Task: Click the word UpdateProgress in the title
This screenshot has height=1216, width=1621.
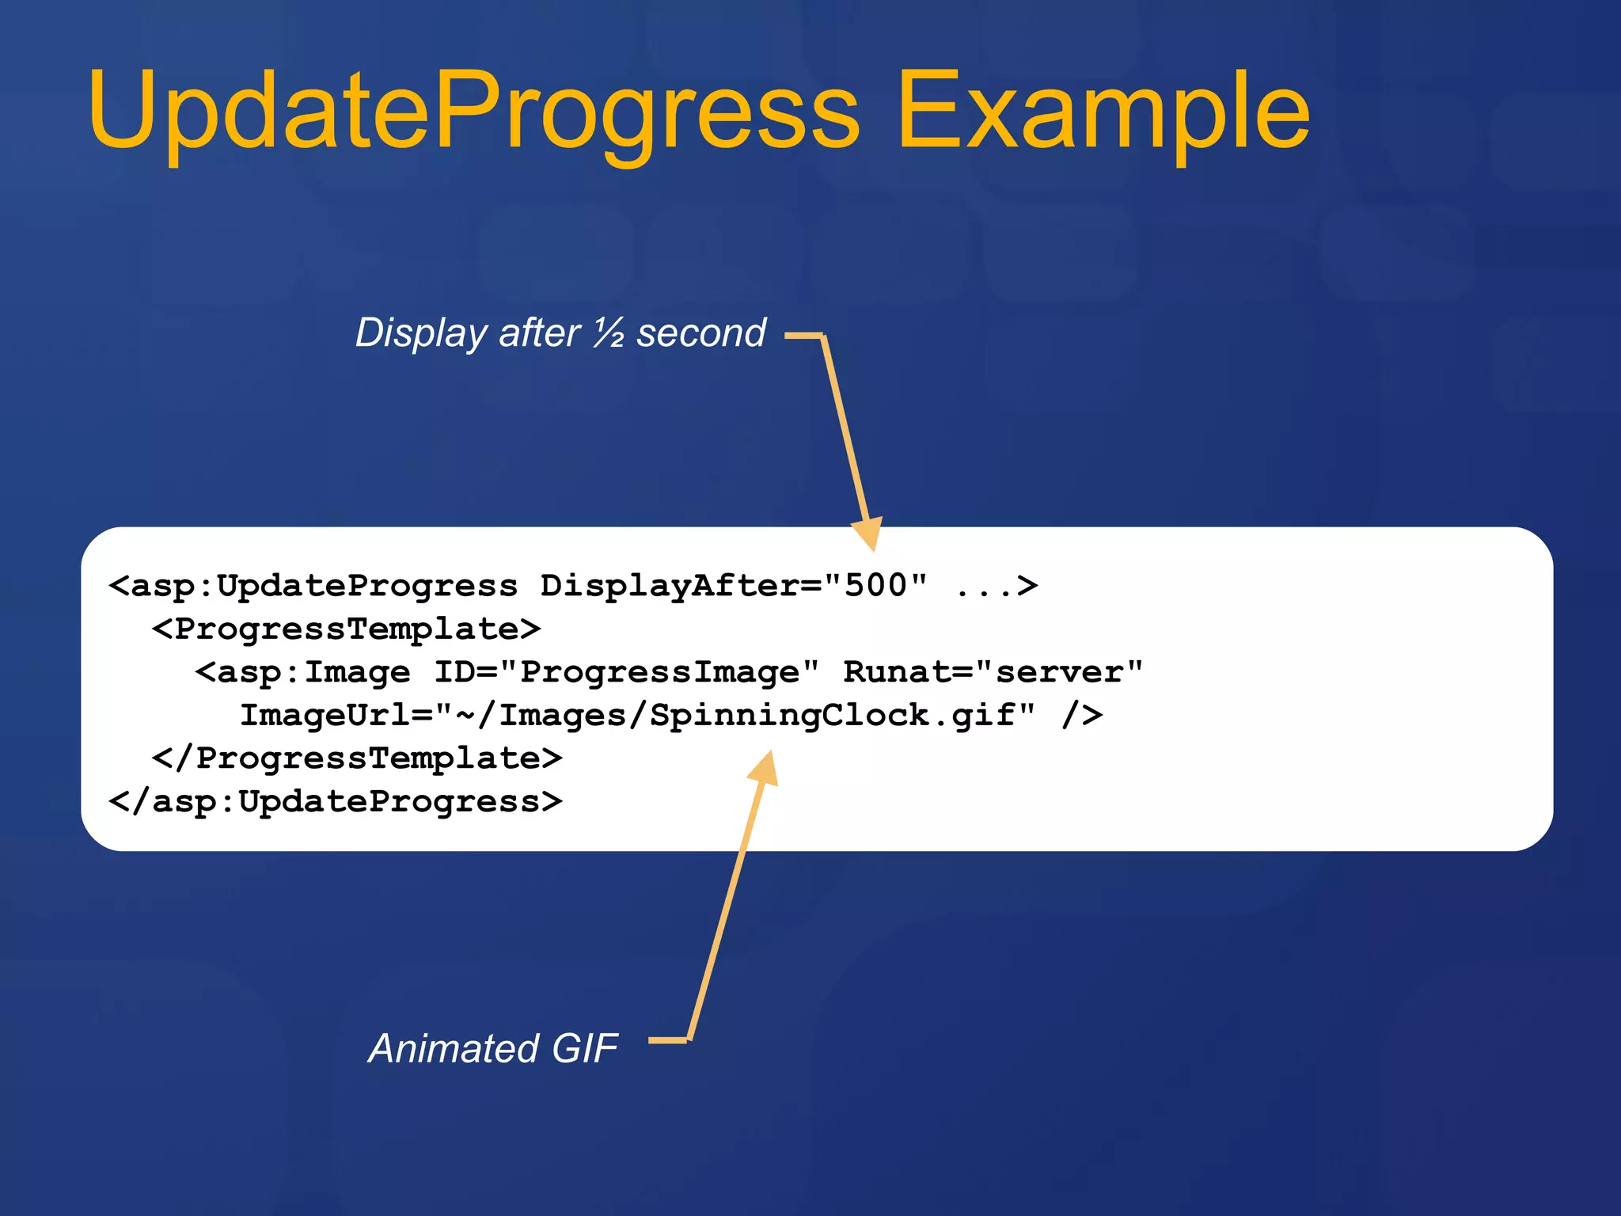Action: click(x=473, y=111)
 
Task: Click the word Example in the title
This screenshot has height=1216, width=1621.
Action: click(x=1103, y=111)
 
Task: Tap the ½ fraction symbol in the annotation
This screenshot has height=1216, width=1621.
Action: click(x=609, y=332)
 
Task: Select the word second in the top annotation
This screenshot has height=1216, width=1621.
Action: click(x=701, y=332)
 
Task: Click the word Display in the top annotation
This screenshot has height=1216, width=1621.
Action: click(x=420, y=333)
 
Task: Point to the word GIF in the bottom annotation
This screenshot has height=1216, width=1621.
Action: click(x=584, y=1048)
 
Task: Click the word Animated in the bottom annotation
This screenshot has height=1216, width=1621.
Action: click(x=454, y=1048)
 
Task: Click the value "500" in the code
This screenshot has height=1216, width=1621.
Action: click(x=875, y=585)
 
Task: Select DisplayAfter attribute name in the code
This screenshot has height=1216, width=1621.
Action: click(x=670, y=586)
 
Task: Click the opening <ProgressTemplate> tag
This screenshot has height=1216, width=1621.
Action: click(x=347, y=629)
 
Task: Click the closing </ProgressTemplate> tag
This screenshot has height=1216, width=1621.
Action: click(x=357, y=758)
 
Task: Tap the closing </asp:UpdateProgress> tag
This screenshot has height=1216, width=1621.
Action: click(x=336, y=802)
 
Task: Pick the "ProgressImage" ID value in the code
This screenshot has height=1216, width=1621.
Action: click(x=659, y=672)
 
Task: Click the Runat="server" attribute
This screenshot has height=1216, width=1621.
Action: click(x=993, y=672)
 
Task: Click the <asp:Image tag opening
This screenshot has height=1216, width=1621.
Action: click(x=303, y=672)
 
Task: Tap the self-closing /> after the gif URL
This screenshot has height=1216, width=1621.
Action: click(x=1082, y=715)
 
